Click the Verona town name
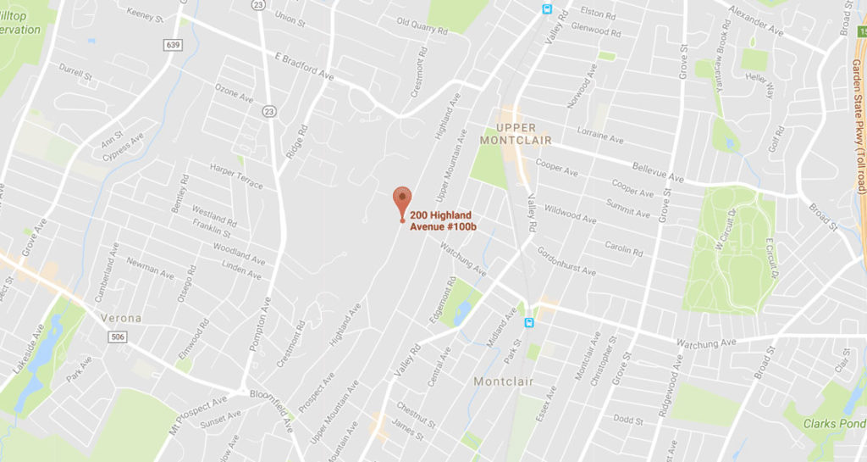click(x=121, y=318)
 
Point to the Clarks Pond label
click(x=834, y=424)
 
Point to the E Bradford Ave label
click(x=303, y=66)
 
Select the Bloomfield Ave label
click(x=273, y=409)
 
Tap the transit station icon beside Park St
click(x=529, y=322)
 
